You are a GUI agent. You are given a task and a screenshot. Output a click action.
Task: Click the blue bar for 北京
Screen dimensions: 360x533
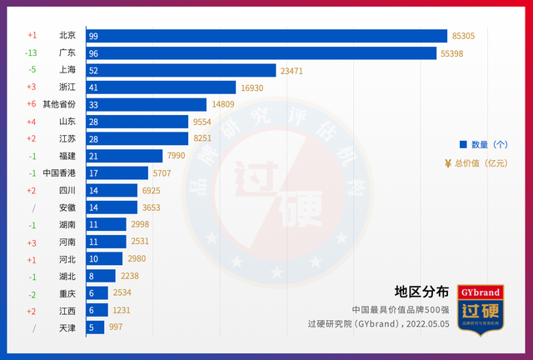coord(266,36)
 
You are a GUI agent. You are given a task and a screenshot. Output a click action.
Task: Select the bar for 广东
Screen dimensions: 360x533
coord(262,53)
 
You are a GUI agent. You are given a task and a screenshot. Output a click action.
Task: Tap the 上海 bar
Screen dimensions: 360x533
coord(181,71)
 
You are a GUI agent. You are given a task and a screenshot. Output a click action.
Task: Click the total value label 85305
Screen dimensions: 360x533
coord(470,36)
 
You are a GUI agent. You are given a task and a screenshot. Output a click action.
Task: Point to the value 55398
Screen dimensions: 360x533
coord(459,53)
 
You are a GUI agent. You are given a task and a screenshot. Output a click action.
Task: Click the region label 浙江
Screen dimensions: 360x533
coord(67,87)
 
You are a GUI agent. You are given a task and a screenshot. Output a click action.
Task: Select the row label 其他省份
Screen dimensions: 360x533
coord(59,104)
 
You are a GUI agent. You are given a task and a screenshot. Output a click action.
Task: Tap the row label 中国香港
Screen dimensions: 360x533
coord(59,173)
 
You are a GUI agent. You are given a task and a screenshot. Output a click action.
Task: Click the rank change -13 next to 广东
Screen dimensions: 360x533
coord(32,53)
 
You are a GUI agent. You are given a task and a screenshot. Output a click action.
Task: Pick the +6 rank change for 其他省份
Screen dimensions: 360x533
coord(32,104)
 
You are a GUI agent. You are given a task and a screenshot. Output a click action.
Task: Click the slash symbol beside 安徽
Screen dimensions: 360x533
coord(32,207)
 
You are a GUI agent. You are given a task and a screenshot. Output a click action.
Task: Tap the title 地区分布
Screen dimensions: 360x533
coord(421,292)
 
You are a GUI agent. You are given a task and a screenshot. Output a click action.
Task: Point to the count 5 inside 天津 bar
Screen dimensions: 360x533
coord(92,328)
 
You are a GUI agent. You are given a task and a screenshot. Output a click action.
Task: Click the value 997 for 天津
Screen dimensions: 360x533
coord(116,328)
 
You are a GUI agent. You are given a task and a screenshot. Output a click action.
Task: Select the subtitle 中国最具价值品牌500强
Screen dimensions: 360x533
coord(401,309)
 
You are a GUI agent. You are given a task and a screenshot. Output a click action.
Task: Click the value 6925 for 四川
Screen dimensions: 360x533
coord(151,191)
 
